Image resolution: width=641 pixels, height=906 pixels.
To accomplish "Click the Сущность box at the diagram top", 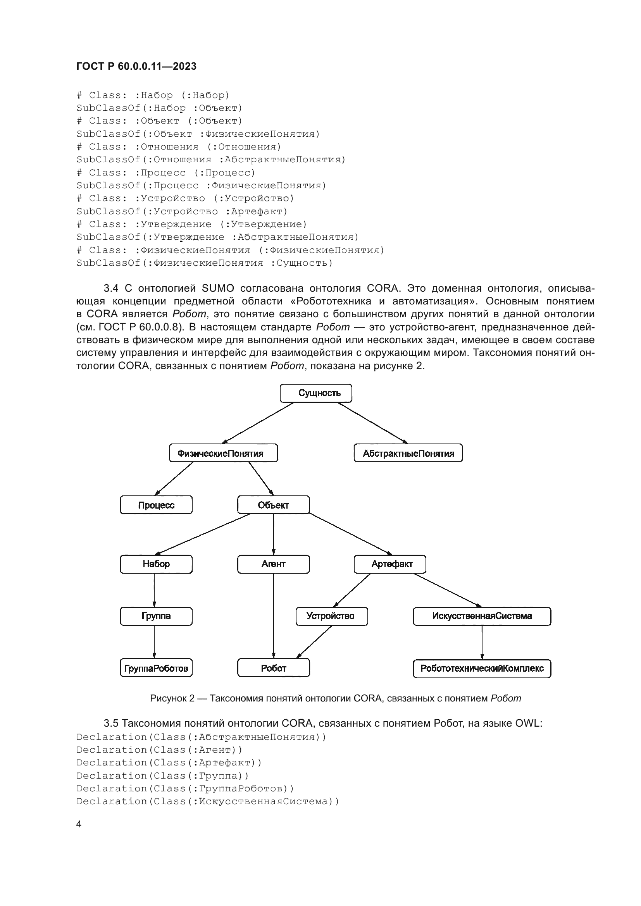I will (316, 393).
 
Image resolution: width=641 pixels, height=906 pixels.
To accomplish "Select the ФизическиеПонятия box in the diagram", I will (223, 453).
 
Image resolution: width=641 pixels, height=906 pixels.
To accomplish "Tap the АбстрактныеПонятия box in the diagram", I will (408, 453).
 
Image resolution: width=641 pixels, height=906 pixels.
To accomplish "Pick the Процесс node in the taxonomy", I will (156, 505).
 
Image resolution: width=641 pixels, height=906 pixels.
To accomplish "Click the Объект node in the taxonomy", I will (274, 505).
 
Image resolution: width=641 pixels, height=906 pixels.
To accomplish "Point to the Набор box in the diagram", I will (156, 564).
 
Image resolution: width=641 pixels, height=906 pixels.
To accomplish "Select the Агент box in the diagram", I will (274, 564).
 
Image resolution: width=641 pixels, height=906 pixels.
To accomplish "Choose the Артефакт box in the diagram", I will (390, 564).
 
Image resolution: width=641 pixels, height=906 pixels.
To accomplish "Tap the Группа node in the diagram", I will (156, 616).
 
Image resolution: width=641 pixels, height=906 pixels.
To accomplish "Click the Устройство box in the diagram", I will (332, 616).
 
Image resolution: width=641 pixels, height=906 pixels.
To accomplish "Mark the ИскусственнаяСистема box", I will (482, 616).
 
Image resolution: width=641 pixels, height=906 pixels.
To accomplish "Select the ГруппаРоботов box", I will (156, 669).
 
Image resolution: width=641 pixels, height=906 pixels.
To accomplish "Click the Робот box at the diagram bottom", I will (274, 669).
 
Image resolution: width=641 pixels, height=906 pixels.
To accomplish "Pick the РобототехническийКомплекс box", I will (482, 669).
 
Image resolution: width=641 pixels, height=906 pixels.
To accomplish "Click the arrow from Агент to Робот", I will (274, 615).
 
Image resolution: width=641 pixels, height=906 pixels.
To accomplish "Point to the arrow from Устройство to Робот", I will (314, 642).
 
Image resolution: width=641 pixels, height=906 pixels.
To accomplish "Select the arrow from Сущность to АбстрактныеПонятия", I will (373, 423).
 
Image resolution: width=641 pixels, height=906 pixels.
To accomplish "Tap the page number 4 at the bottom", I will (79, 824).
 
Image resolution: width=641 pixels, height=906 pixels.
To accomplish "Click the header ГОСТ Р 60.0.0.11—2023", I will (136, 66).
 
